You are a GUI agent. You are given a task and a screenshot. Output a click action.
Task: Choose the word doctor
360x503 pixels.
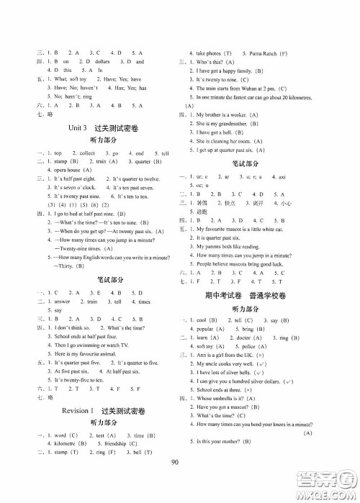coord(243,316)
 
